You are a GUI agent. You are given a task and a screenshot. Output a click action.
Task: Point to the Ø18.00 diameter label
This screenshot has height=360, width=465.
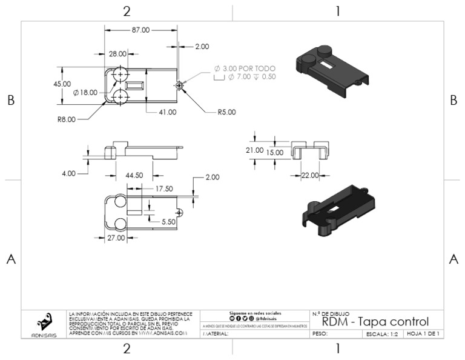(84, 93)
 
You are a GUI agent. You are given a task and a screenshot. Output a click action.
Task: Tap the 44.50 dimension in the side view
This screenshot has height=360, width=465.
(133, 175)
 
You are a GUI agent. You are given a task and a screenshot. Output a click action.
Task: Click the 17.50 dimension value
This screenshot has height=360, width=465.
(163, 188)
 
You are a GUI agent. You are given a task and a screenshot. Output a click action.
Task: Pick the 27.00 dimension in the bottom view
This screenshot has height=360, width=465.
(116, 238)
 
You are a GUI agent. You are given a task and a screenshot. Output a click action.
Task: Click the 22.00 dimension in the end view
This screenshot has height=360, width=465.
(310, 175)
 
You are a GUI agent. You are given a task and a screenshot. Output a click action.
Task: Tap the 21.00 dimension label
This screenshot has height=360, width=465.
(254, 150)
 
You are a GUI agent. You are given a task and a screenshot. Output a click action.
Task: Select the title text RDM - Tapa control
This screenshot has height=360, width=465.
(375, 321)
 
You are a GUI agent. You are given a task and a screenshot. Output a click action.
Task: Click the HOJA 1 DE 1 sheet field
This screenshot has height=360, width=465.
(423, 334)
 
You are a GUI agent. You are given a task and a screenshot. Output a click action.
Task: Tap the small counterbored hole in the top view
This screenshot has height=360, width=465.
(179, 85)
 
